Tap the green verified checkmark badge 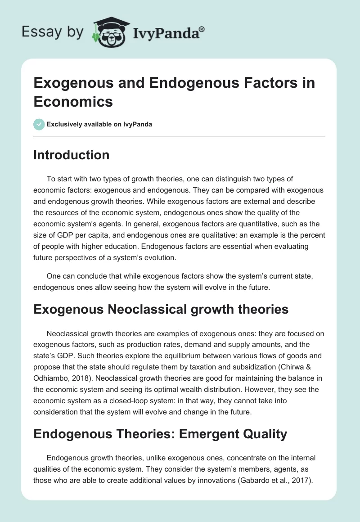pos(39,124)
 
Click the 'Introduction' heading pos(72,155)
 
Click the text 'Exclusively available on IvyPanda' pos(100,125)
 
